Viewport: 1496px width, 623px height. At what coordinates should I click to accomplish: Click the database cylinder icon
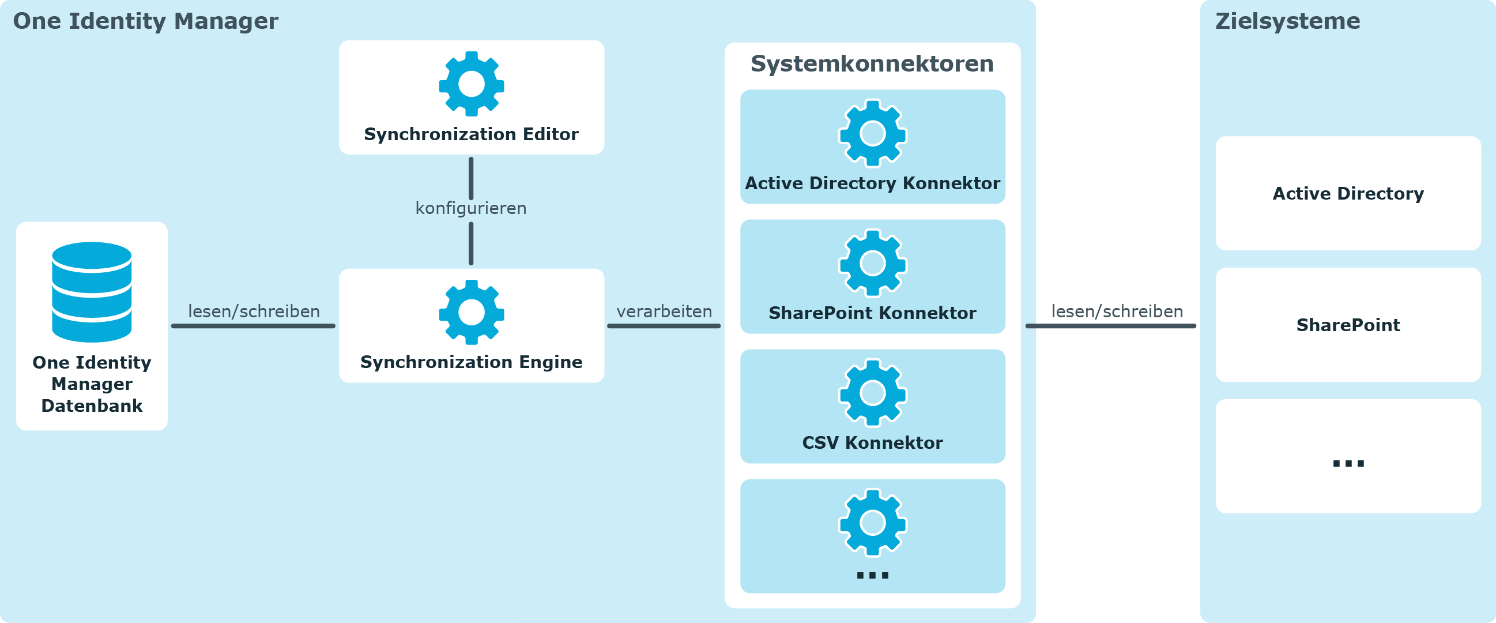92,292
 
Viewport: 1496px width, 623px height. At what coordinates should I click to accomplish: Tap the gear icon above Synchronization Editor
472,84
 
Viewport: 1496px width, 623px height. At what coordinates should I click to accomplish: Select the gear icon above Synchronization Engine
472,313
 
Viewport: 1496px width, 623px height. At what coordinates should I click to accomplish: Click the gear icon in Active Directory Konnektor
872,134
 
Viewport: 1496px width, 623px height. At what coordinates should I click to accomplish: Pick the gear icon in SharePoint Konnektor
872,263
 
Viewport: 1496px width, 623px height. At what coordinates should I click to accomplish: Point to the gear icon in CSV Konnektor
872,393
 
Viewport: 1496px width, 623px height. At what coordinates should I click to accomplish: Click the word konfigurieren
471,208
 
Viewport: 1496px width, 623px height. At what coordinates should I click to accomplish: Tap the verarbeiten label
664,311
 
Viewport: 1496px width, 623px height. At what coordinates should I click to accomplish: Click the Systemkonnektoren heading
872,63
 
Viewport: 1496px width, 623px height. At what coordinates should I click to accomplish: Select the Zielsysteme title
1287,21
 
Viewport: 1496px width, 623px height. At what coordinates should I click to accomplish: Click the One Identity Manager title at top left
146,21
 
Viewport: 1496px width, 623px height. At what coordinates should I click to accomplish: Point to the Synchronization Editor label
472,134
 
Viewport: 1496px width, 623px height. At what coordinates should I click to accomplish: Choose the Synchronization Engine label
472,362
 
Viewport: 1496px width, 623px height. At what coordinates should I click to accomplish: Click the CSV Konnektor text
872,443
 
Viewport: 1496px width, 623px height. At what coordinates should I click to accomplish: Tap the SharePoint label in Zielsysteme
1348,325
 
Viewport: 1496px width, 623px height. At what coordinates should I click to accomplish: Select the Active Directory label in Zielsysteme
1348,193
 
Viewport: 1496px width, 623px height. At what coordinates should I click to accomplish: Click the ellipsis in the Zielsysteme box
1348,463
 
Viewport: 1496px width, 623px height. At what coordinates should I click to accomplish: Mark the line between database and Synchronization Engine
253,326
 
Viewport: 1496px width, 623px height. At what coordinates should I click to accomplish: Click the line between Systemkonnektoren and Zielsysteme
1110,326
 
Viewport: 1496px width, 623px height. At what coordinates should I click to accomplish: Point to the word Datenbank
92,406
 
